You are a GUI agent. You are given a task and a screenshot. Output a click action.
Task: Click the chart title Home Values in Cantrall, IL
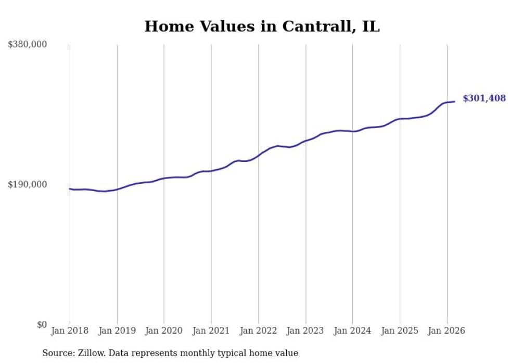(x=262, y=27)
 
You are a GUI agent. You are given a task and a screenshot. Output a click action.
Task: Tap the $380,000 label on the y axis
(x=27, y=44)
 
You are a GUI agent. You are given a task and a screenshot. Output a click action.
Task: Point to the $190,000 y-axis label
(x=27, y=184)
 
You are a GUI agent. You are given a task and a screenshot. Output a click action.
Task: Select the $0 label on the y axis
(x=42, y=324)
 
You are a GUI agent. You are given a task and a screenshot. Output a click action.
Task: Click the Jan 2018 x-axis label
(x=70, y=331)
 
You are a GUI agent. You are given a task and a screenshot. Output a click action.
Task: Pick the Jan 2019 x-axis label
(x=117, y=331)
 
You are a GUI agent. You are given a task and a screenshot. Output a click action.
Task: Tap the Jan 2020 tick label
(x=164, y=331)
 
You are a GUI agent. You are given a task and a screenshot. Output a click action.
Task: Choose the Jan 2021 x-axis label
(x=211, y=331)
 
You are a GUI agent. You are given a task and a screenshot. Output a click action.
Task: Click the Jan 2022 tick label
(x=258, y=331)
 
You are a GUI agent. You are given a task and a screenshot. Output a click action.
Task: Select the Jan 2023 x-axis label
(x=305, y=331)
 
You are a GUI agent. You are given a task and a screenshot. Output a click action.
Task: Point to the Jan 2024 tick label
(x=352, y=331)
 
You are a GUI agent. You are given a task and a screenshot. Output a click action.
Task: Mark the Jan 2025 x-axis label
(x=400, y=331)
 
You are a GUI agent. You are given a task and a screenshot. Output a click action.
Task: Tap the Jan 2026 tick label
(x=447, y=331)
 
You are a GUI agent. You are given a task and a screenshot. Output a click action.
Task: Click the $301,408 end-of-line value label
(x=484, y=98)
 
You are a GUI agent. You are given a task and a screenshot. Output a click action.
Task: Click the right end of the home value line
(x=454, y=102)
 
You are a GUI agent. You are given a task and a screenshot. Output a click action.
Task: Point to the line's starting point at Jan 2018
(x=70, y=189)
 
